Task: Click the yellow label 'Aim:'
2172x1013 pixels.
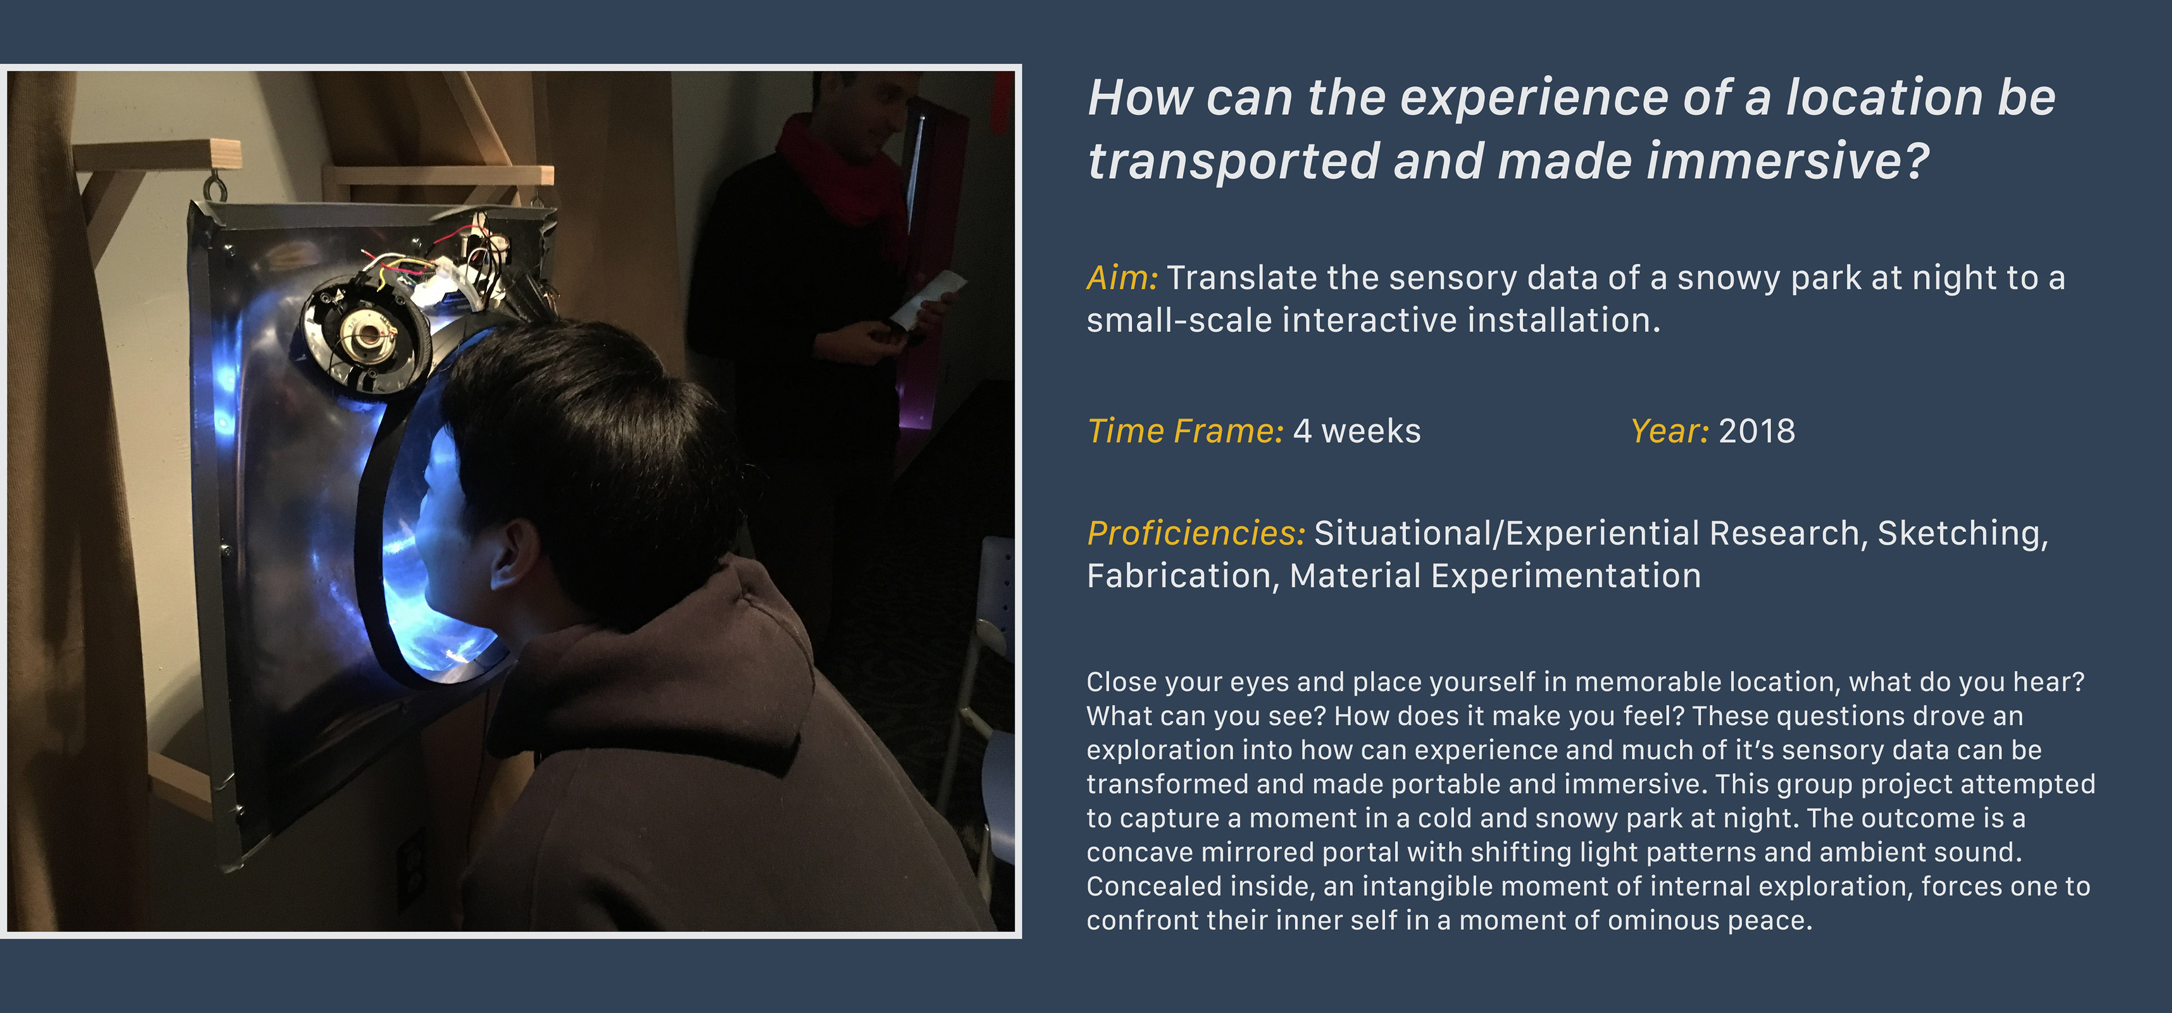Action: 1122,278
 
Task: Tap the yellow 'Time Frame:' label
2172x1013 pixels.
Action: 1186,431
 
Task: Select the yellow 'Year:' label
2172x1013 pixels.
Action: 1670,431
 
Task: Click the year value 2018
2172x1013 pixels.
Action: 1757,431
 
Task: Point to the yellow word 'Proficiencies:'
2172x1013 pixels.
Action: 1196,533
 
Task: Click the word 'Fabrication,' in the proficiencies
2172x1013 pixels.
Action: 1183,576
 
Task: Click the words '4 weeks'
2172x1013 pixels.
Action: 1357,431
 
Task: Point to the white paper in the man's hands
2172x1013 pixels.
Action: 928,299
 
